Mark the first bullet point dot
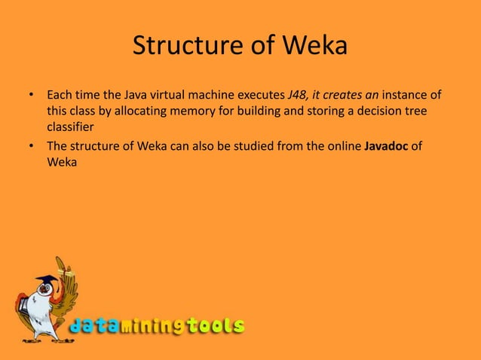click(x=31, y=96)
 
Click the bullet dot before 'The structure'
click(x=31, y=145)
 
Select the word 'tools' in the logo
click(x=217, y=326)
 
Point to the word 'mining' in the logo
click(x=155, y=326)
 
